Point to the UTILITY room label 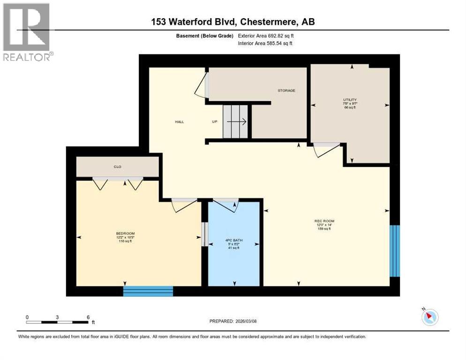pos(350,100)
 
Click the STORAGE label pos(286,90)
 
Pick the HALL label pos(180,122)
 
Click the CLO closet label pos(117,166)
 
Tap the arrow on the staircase pos(240,122)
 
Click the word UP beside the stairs pos(215,122)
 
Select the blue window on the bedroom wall pos(148,291)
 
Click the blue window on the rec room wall pos(395,250)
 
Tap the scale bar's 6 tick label pos(88,317)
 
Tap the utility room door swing pos(326,149)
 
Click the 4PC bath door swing pos(227,204)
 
